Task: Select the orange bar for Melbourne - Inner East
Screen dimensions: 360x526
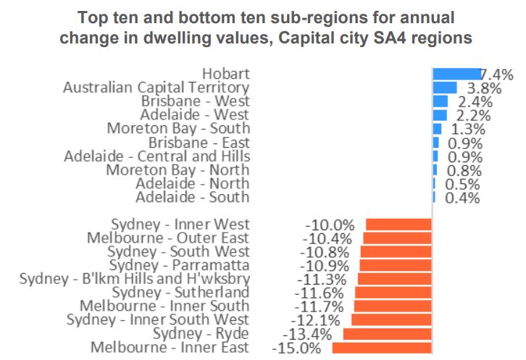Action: [x=382, y=348]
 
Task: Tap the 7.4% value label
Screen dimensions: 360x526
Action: [x=498, y=74]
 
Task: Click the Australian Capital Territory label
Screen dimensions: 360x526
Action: [x=156, y=88]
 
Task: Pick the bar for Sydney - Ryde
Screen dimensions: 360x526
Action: [x=388, y=334]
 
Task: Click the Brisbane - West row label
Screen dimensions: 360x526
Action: [x=195, y=101]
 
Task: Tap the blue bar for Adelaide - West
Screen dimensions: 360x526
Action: [x=440, y=115]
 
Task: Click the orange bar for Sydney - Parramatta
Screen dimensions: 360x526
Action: [x=396, y=266]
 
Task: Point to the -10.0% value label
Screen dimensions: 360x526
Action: [x=330, y=225]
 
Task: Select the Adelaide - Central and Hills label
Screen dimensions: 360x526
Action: [x=157, y=156]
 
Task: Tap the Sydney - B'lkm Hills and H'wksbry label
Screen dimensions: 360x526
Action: [x=135, y=280]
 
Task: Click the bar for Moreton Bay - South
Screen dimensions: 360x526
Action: [x=437, y=129]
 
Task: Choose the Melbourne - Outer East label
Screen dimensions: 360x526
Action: [x=167, y=238]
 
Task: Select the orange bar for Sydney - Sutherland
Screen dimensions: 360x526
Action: [x=393, y=293]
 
